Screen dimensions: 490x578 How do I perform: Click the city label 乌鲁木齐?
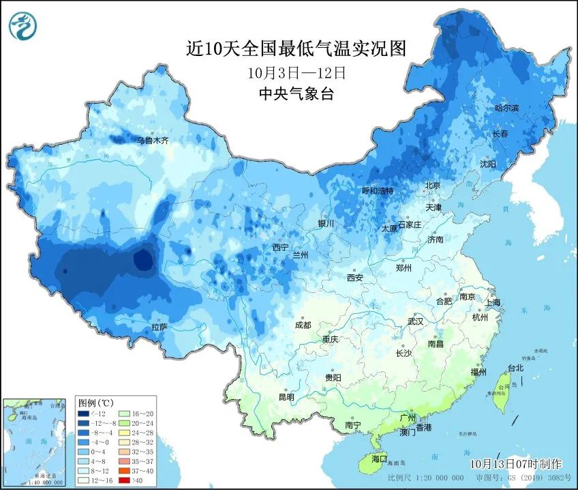151,141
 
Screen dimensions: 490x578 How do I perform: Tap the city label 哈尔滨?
506,109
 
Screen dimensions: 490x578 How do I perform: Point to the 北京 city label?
433,186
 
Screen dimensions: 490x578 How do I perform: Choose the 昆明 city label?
286,397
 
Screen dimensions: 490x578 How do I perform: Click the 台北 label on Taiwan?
515,368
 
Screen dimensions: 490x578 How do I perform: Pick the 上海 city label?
492,302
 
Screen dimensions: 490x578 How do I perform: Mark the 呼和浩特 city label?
377,191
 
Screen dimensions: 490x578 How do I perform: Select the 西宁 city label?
280,247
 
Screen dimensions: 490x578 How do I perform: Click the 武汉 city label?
415,321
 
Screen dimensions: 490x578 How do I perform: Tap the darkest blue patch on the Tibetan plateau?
143,259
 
